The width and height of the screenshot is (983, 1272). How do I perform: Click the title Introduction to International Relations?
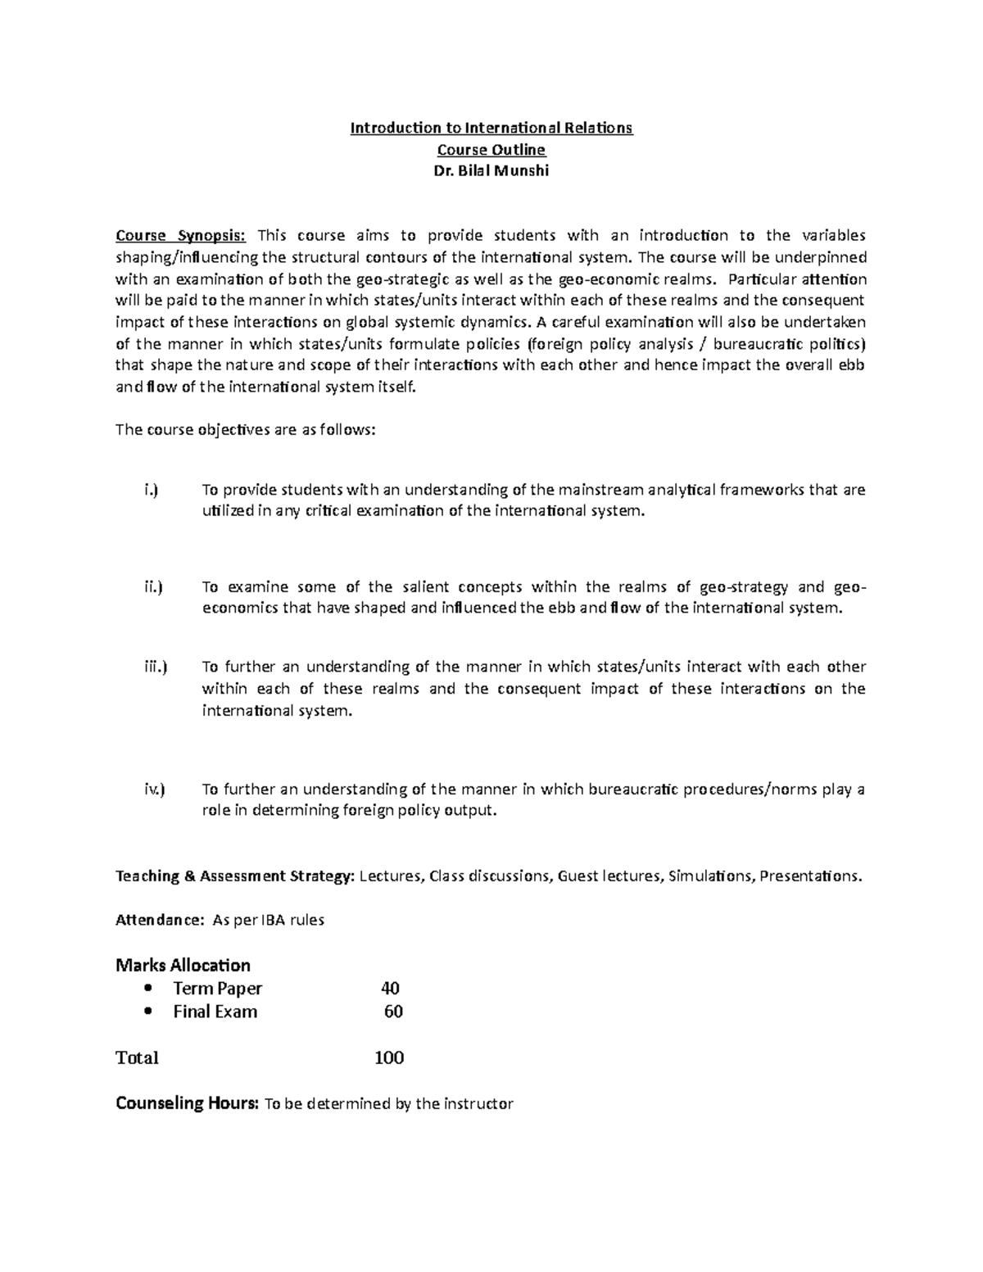point(491,128)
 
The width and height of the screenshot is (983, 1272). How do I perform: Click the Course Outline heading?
point(491,150)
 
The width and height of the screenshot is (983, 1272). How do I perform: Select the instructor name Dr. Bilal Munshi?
point(491,172)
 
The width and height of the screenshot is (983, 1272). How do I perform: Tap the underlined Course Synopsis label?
point(180,236)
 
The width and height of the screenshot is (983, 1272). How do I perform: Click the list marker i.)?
point(150,490)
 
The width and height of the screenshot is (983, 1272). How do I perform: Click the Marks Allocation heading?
point(183,965)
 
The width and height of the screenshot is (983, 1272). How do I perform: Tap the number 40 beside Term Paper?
point(390,989)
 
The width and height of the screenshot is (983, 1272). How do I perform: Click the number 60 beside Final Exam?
point(393,1012)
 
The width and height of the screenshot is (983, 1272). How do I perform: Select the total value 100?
point(389,1057)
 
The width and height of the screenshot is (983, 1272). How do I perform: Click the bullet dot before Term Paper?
point(147,989)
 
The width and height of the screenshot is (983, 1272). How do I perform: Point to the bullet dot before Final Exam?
point(147,1012)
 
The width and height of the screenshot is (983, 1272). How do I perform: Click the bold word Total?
point(137,1057)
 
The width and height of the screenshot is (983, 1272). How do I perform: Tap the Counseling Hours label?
point(188,1103)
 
